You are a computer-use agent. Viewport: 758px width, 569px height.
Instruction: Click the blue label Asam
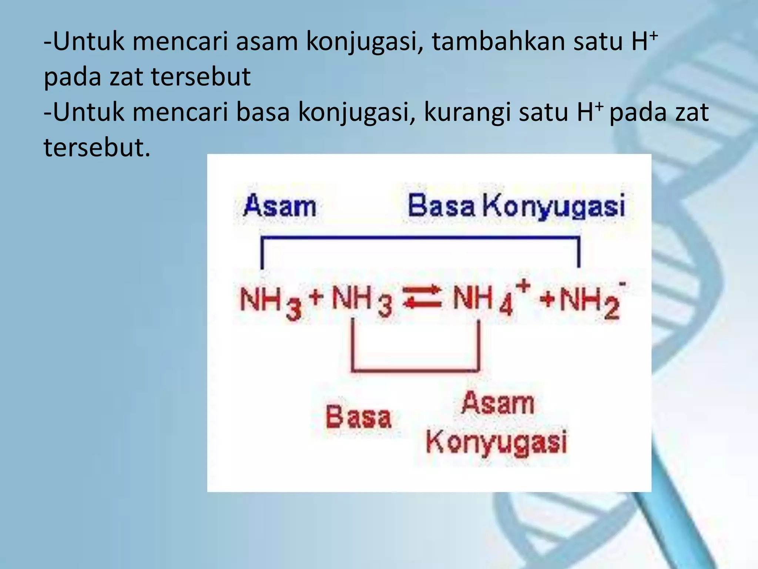(280, 206)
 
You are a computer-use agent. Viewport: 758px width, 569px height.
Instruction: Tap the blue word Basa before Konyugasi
(441, 206)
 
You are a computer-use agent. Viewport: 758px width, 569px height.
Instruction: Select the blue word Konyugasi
(554, 206)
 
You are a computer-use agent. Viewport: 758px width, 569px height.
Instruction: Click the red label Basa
(358, 417)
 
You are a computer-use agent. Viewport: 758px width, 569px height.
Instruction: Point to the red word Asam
(498, 403)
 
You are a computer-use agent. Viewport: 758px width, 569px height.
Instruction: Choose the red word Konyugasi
(496, 442)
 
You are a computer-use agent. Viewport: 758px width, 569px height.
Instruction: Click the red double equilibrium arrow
(422, 297)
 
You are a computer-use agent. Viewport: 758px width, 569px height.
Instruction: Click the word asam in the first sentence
(266, 41)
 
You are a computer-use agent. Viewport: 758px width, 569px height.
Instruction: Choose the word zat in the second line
(126, 77)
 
